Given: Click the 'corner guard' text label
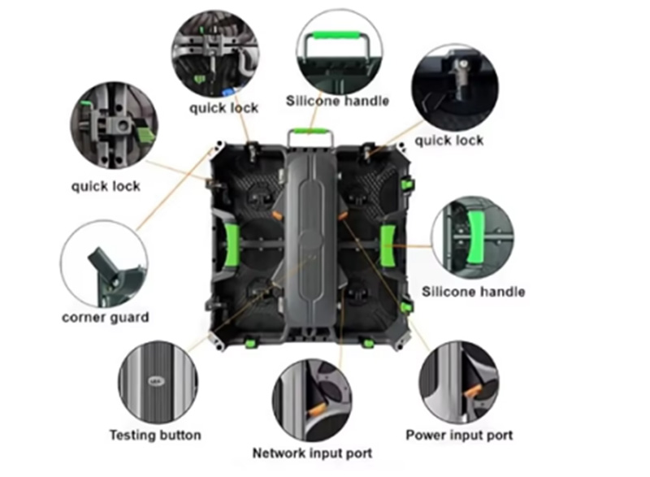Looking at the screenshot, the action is point(106,318).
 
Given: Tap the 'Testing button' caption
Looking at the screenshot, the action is point(155,435).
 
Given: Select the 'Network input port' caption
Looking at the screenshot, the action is point(312,453).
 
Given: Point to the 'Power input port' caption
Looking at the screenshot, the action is point(459,435).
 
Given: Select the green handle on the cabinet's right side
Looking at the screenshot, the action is point(388,245).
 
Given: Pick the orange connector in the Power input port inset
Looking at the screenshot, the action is point(473,391).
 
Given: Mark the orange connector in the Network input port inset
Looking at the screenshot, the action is point(317,410).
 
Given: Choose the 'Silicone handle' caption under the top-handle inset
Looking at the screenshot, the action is point(337,101).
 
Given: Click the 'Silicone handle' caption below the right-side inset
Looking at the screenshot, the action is point(474,292).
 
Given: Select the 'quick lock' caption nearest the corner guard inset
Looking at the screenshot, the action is point(106,186).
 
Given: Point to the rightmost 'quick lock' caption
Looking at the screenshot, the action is point(449,141).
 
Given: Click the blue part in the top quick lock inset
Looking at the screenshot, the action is point(228,92).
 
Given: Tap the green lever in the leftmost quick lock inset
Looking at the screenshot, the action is point(144,132).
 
